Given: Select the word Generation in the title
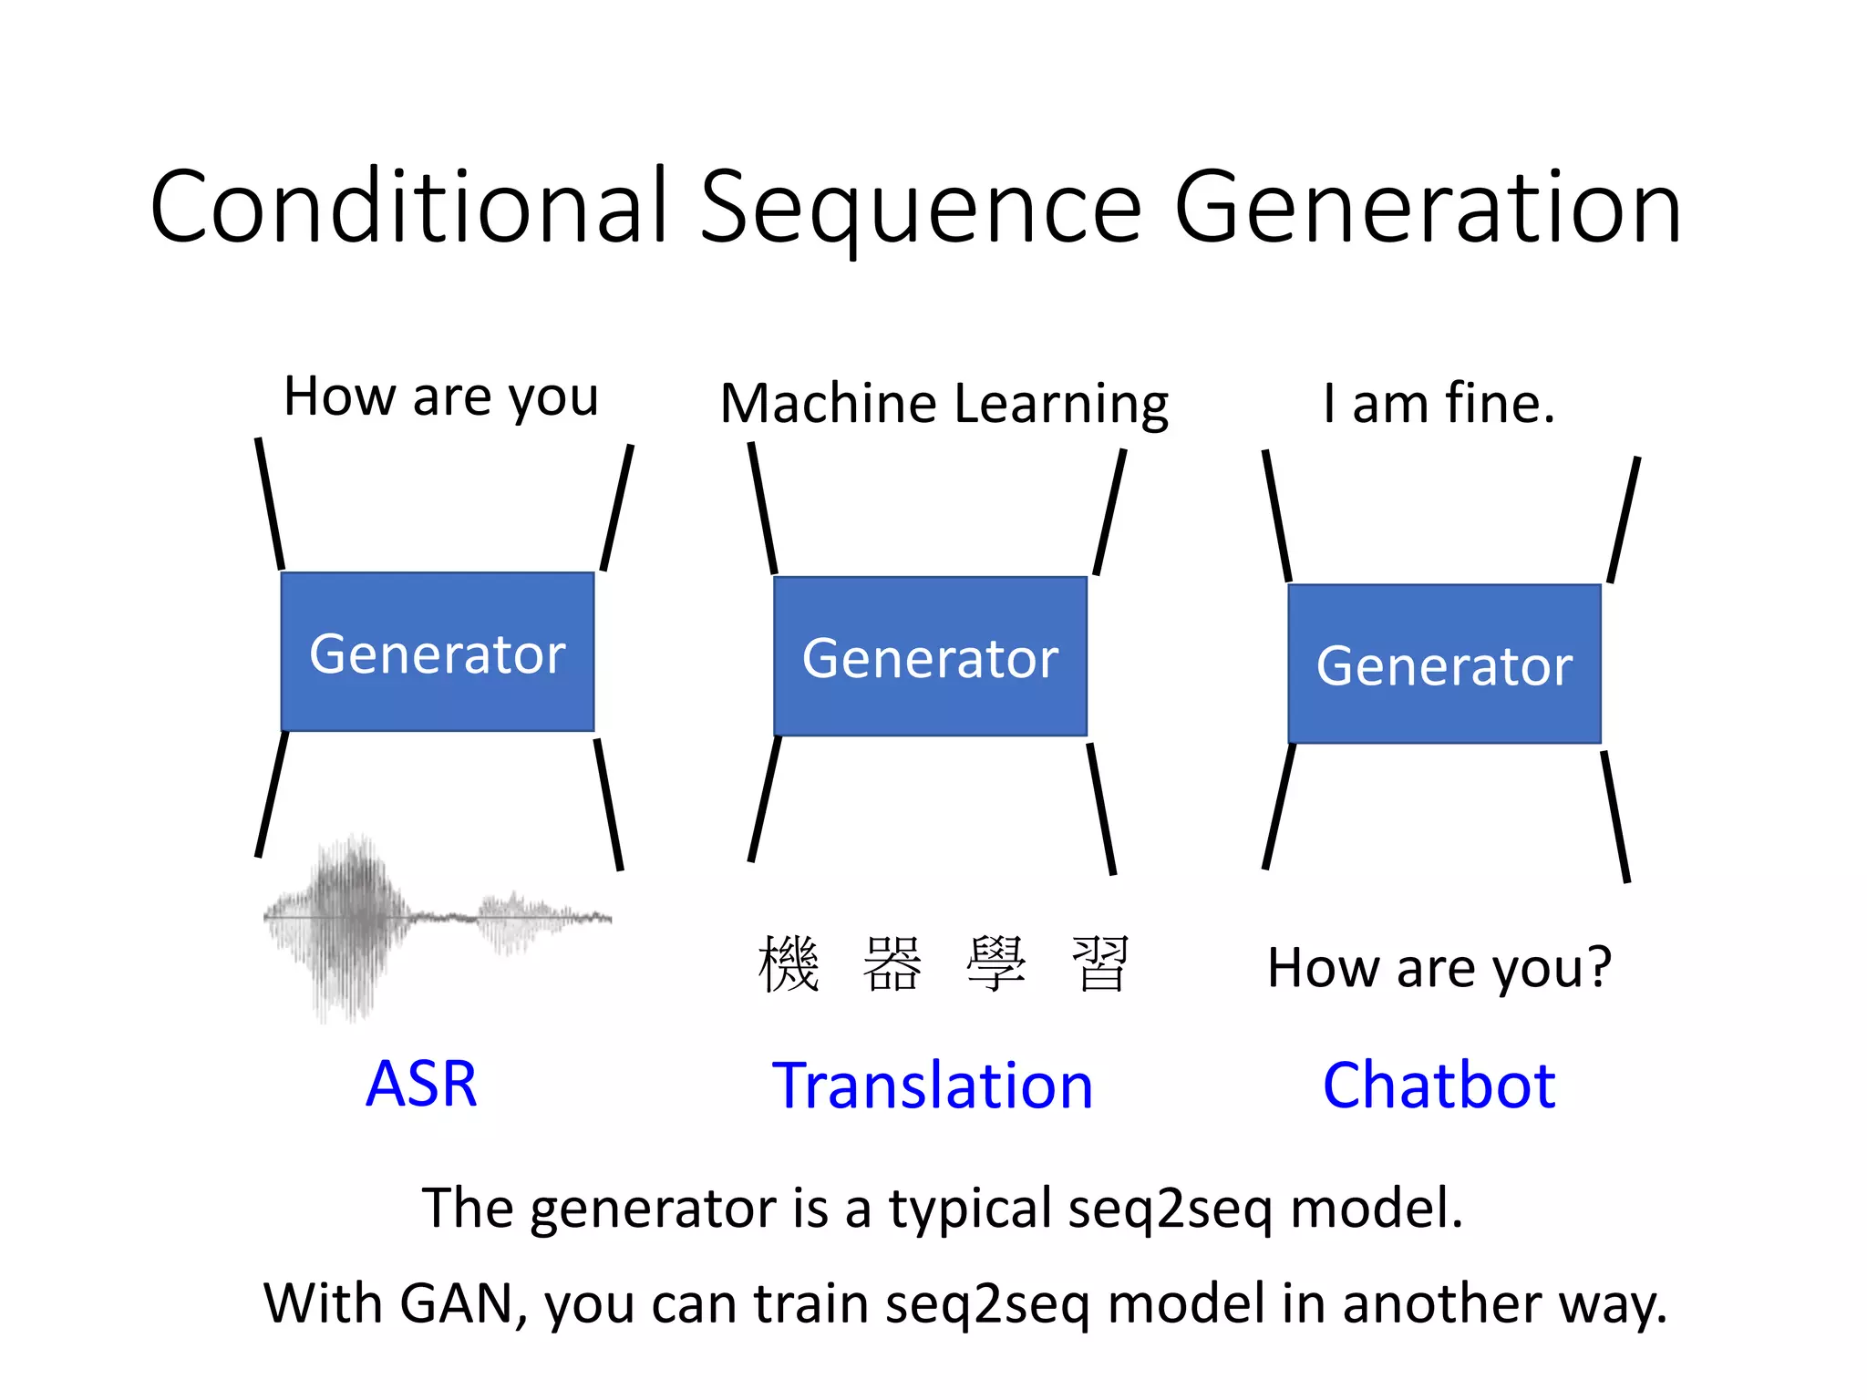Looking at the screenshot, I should point(1427,210).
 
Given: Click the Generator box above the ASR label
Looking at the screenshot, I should point(438,653).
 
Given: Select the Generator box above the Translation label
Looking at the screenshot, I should point(930,657).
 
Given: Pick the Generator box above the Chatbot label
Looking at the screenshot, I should point(1444,664).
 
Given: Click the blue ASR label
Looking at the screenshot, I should point(421,1084).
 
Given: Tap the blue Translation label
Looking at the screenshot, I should point(932,1086).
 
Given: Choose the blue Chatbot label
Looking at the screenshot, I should point(1439,1086).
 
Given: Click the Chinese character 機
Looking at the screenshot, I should point(789,964).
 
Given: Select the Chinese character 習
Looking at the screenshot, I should point(1100,964).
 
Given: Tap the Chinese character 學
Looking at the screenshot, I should point(996,964).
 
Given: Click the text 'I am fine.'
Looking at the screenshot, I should point(1439,403).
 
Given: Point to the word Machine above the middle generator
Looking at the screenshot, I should point(828,404).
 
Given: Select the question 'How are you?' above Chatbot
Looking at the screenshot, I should point(1439,968).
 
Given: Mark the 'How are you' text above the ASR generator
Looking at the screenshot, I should point(441,397).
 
